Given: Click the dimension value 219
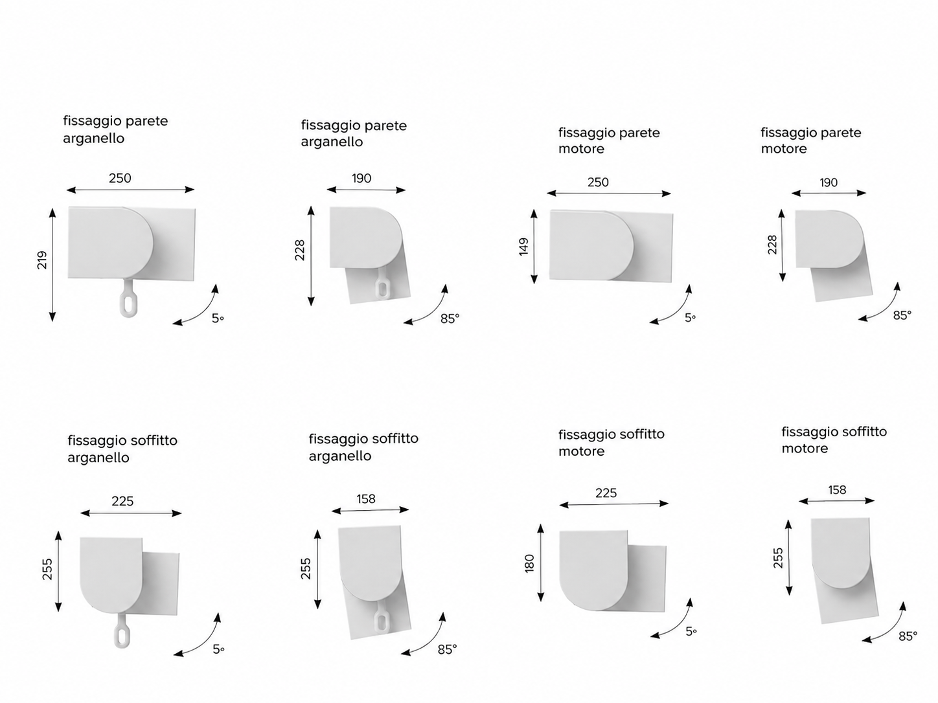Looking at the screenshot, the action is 42,260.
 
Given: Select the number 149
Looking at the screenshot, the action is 523,247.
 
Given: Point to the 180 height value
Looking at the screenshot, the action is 529,563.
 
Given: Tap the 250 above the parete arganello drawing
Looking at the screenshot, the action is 120,178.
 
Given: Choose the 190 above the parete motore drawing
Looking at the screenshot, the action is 829,183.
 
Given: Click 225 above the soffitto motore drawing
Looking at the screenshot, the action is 606,493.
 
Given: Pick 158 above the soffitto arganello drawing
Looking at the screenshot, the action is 366,498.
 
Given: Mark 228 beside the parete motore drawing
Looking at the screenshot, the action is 772,245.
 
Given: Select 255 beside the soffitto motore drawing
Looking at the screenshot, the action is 778,558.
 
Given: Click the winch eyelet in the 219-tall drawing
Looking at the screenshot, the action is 128,298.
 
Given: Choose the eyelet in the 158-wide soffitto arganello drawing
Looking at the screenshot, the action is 381,617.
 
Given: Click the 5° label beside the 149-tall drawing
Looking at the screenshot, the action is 690,318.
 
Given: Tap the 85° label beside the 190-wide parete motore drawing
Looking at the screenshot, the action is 902,315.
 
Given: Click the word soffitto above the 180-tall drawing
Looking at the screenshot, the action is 641,434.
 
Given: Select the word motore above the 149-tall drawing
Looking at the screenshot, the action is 581,149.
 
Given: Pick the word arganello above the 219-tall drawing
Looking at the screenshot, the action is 93,139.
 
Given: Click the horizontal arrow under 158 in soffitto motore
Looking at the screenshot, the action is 836,500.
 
